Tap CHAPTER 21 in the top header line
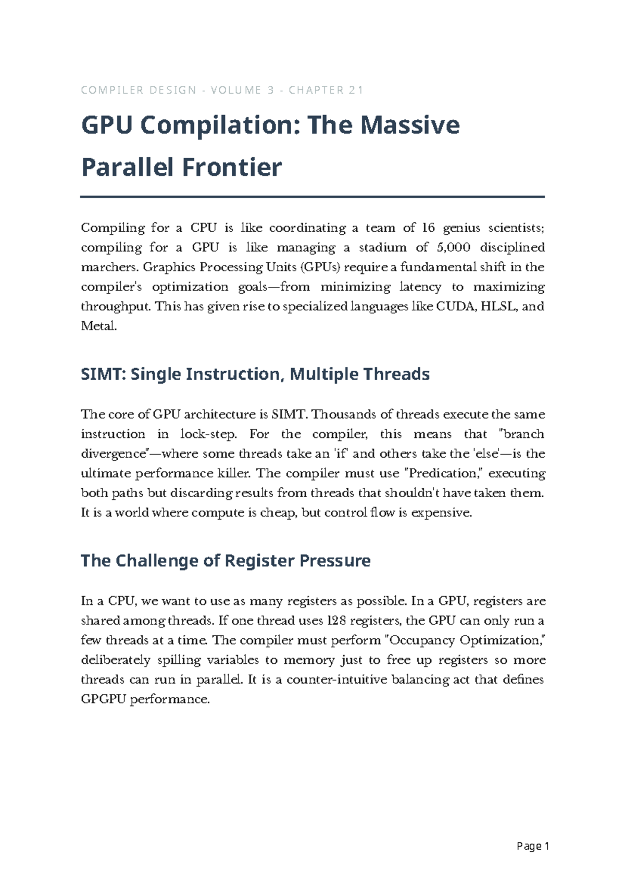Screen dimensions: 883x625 [326, 90]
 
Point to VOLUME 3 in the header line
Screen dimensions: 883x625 [242, 90]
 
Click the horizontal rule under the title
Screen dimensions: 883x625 [312, 197]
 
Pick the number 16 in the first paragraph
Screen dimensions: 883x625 [428, 228]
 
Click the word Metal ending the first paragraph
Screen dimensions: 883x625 [98, 326]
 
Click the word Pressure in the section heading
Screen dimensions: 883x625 [335, 561]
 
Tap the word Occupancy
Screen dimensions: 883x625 [422, 640]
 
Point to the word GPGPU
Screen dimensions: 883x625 [104, 699]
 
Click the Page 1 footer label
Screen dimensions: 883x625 [533, 847]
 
